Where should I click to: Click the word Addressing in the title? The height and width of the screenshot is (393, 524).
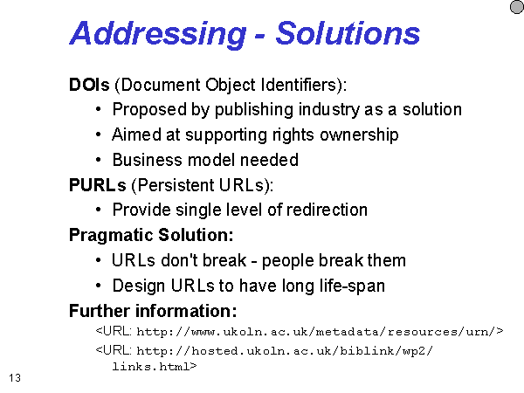pyautogui.click(x=158, y=34)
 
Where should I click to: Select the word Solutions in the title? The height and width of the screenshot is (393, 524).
pyautogui.click(x=348, y=33)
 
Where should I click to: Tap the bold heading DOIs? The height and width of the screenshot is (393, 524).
pyautogui.click(x=89, y=85)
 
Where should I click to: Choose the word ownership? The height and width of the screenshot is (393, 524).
pyautogui.click(x=359, y=135)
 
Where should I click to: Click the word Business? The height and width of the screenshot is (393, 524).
pyautogui.click(x=148, y=160)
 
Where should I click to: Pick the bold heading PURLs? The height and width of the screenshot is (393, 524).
pyautogui.click(x=97, y=185)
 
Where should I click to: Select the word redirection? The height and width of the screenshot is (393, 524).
pyautogui.click(x=327, y=210)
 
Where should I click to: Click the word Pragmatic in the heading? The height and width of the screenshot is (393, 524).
pyautogui.click(x=111, y=236)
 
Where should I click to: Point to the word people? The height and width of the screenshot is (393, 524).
pyautogui.click(x=287, y=261)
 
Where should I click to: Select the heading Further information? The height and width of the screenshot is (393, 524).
pyautogui.click(x=153, y=311)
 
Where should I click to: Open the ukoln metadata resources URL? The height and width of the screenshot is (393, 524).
pyautogui.click(x=299, y=331)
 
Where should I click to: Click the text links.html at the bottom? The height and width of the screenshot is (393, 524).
pyautogui.click(x=155, y=367)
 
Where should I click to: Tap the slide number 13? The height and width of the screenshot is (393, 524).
pyautogui.click(x=15, y=378)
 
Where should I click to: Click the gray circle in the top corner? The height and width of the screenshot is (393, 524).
pyautogui.click(x=517, y=7)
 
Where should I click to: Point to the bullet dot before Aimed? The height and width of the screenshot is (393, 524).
pyautogui.click(x=98, y=134)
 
